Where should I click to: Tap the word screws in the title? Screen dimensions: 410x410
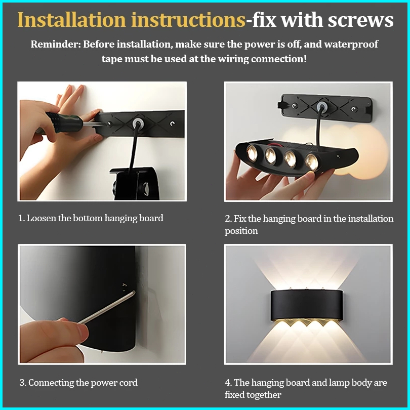(x=360, y=20)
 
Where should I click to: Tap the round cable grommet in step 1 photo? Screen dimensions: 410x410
(x=137, y=123)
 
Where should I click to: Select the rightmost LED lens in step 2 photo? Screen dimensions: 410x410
(x=311, y=161)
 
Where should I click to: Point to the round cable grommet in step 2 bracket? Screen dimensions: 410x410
(x=321, y=107)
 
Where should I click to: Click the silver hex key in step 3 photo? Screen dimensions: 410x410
(x=107, y=308)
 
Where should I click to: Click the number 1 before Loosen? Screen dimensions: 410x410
(x=21, y=218)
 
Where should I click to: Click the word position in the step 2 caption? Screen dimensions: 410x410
(x=241, y=231)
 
